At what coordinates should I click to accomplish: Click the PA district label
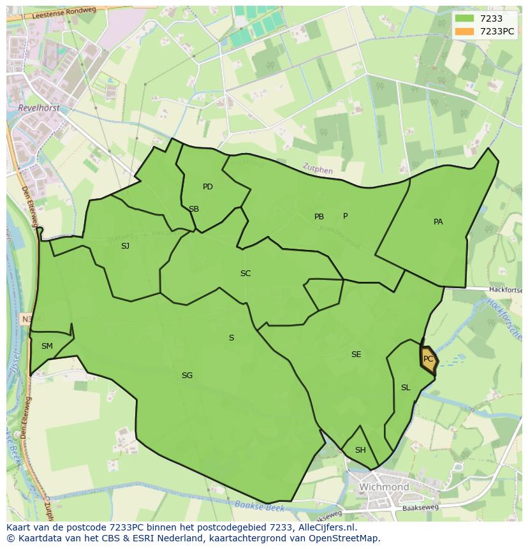[438, 222]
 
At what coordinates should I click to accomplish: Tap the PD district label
[208, 187]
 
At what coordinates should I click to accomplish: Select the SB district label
[194, 209]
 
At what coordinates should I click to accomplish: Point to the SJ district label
[125, 245]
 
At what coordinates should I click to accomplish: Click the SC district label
[246, 274]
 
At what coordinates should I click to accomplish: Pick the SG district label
[187, 376]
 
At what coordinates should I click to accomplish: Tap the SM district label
[47, 346]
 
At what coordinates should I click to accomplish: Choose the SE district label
[356, 355]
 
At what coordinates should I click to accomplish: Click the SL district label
[406, 388]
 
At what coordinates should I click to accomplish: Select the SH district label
[360, 450]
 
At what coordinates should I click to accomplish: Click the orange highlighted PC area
[428, 360]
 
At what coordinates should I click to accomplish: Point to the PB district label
[319, 217]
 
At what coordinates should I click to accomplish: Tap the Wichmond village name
[384, 487]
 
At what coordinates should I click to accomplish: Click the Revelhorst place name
[39, 108]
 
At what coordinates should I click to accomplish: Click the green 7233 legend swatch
[465, 19]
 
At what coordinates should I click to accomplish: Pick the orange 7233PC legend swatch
[465, 31]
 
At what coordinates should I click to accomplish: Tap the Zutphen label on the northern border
[318, 170]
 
